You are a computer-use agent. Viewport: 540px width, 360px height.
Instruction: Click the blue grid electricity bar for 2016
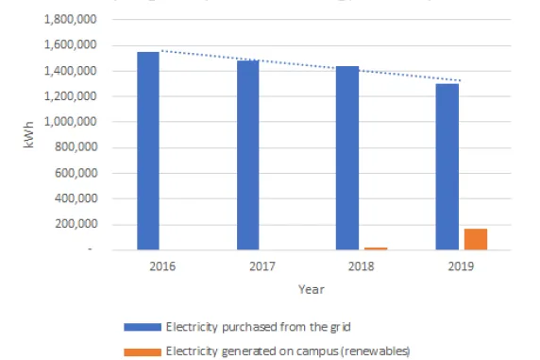pyautogui.click(x=148, y=151)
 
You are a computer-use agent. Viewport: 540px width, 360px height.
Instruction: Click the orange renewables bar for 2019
pyautogui.click(x=475, y=239)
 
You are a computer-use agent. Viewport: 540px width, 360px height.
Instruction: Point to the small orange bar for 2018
pyautogui.click(x=376, y=248)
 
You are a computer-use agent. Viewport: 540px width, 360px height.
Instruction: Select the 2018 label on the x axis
pyautogui.click(x=361, y=266)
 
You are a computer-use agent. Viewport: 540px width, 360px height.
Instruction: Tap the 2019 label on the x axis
pyautogui.click(x=460, y=266)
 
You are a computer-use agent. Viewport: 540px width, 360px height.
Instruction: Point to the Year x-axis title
pyautogui.click(x=311, y=288)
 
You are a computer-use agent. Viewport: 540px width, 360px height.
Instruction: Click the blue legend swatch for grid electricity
pyautogui.click(x=143, y=327)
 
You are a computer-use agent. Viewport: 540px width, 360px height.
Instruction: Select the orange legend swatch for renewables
pyautogui.click(x=143, y=351)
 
